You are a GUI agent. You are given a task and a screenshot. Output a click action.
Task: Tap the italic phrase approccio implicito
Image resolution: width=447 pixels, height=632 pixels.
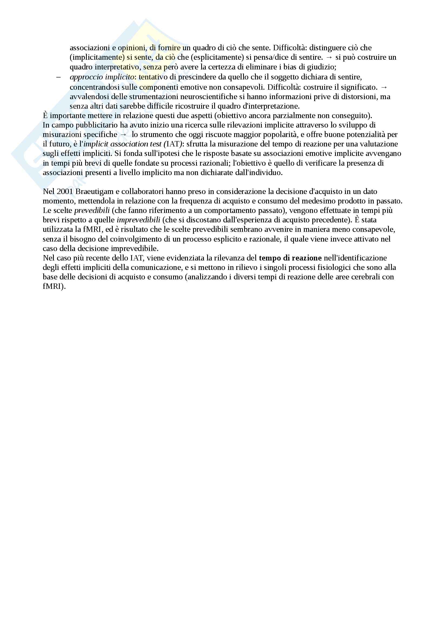click(102, 77)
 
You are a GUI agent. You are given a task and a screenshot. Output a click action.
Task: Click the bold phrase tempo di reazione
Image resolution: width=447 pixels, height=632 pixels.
click(290, 258)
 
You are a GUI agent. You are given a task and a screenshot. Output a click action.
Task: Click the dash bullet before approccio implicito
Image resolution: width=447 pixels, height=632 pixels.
click(58, 77)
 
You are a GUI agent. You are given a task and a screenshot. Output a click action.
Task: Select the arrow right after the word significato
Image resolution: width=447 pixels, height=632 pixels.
click(384, 87)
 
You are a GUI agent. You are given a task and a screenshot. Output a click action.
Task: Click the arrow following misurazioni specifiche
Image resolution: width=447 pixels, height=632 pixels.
click(124, 135)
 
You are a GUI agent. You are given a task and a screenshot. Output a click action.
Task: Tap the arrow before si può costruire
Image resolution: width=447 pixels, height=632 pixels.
click(329, 57)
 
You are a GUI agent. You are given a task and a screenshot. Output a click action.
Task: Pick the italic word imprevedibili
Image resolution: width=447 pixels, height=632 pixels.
click(138, 220)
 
